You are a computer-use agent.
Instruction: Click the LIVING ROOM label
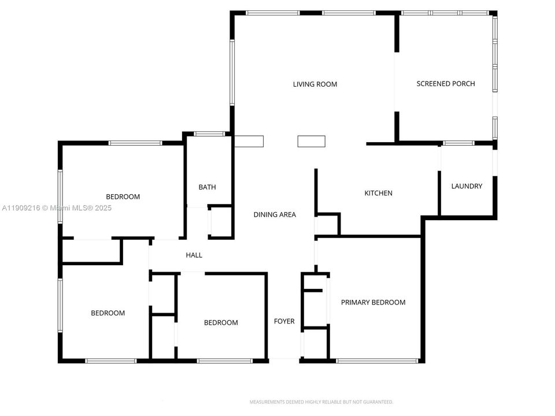click(x=314, y=84)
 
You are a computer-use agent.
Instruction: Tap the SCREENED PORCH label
click(x=445, y=84)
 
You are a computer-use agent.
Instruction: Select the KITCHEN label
click(x=378, y=193)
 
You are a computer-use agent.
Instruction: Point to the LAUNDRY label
click(x=466, y=186)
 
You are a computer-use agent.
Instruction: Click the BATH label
click(x=207, y=187)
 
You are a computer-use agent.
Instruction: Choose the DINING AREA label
click(x=275, y=215)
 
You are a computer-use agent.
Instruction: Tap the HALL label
click(x=194, y=255)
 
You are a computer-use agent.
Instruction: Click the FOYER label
click(x=284, y=321)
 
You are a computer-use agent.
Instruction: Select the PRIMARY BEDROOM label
click(x=373, y=302)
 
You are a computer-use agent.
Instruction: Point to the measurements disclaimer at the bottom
click(x=321, y=402)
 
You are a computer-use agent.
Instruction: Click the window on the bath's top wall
click(x=209, y=134)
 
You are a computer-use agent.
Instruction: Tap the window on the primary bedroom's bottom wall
click(x=377, y=361)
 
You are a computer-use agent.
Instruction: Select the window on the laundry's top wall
click(x=458, y=143)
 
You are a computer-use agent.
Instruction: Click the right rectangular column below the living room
click(x=311, y=141)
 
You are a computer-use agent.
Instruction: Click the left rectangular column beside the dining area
click(x=249, y=141)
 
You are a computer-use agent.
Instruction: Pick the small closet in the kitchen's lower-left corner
click(x=327, y=225)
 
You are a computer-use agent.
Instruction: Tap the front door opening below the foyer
click(x=284, y=359)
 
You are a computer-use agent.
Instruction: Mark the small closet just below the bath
click(x=220, y=221)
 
